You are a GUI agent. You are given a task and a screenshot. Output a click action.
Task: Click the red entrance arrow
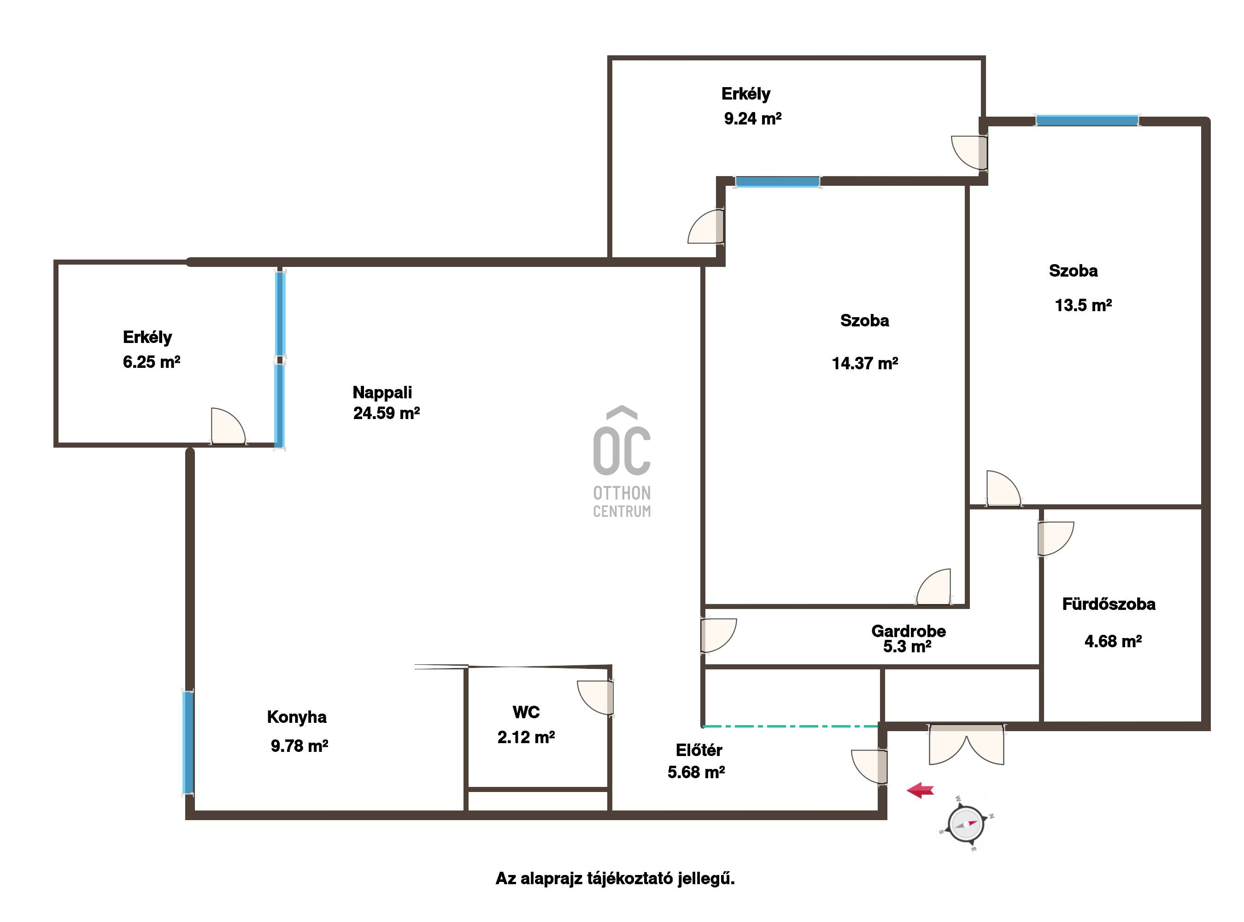click(x=920, y=790)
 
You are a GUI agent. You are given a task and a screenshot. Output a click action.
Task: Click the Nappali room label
click(x=382, y=392)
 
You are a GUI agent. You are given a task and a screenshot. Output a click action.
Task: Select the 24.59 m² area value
click(x=386, y=413)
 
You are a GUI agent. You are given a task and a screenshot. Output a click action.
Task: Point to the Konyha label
click(x=297, y=717)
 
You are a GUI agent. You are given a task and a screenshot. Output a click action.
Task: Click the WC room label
click(x=526, y=712)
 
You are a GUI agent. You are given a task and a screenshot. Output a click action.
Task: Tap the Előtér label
click(x=699, y=750)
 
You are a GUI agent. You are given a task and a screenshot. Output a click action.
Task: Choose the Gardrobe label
click(x=909, y=631)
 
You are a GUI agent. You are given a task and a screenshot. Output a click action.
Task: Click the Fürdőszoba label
click(x=1109, y=604)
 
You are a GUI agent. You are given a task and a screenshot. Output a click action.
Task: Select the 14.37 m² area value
click(x=865, y=363)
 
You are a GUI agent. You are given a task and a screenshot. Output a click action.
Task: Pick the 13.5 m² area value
click(x=1083, y=305)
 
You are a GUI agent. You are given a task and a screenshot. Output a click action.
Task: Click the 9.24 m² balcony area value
click(x=752, y=118)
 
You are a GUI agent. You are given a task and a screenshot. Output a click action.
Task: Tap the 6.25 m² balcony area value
click(x=151, y=362)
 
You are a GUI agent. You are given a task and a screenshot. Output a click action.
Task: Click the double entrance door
click(x=966, y=745)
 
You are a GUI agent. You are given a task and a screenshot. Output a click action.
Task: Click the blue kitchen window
click(x=188, y=742)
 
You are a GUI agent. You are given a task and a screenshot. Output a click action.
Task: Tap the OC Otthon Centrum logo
click(x=622, y=462)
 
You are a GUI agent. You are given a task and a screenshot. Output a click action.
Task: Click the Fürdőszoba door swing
click(x=1056, y=538)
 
